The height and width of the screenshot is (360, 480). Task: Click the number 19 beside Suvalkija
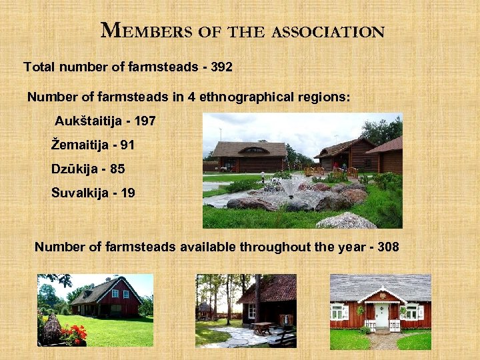128,193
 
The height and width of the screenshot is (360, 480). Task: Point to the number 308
388,247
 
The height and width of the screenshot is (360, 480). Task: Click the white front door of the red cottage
381,314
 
